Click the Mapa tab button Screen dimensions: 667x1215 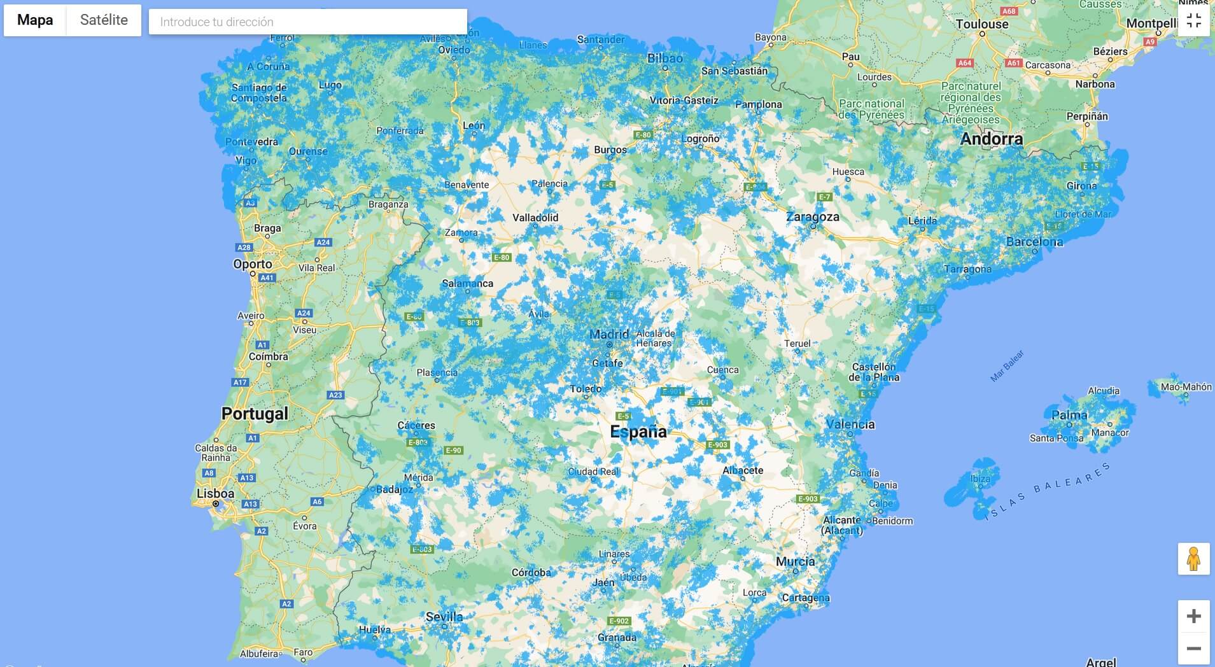point(35,20)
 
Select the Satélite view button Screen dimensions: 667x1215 point(104,20)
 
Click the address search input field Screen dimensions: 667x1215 point(307,22)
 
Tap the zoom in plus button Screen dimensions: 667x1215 point(1193,615)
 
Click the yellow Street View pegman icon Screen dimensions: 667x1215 point(1193,559)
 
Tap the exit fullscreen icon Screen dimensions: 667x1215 point(1193,20)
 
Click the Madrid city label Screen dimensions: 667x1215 point(608,334)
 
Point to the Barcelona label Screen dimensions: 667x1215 point(1034,242)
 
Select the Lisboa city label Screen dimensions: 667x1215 point(215,493)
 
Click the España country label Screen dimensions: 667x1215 point(638,432)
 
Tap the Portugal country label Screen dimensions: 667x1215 point(255,414)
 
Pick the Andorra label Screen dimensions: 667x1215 point(991,139)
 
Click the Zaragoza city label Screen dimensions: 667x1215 point(812,216)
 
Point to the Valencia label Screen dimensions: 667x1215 point(850,424)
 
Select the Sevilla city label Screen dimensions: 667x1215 point(444,616)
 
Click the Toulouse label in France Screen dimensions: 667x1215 point(981,24)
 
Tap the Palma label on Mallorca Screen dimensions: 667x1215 point(1069,415)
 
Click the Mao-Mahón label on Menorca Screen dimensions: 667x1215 point(1186,386)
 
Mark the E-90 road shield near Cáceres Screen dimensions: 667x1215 point(453,451)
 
